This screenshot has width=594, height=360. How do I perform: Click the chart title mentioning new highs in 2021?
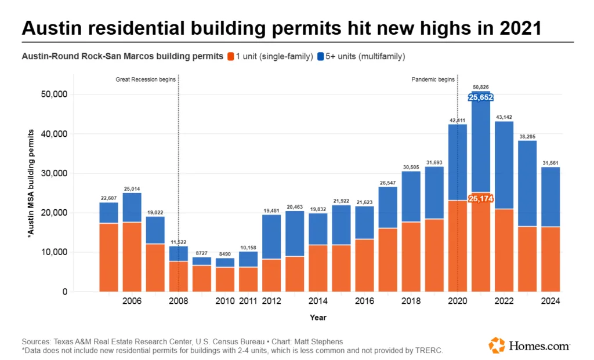281,28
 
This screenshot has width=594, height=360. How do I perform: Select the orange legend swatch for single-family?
230,56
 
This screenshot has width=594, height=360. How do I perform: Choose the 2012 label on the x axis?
271,301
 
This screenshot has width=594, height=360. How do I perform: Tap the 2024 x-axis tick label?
550,301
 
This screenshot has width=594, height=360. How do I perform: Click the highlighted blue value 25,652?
481,97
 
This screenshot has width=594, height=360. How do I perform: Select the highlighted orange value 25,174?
481,199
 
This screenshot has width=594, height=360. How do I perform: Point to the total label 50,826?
481,87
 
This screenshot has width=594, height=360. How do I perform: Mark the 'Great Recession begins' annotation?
146,79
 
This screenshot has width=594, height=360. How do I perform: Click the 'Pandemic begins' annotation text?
433,79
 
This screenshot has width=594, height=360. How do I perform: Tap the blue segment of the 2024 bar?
550,197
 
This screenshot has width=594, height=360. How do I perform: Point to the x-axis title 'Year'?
318,318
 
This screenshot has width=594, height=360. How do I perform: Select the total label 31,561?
550,162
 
